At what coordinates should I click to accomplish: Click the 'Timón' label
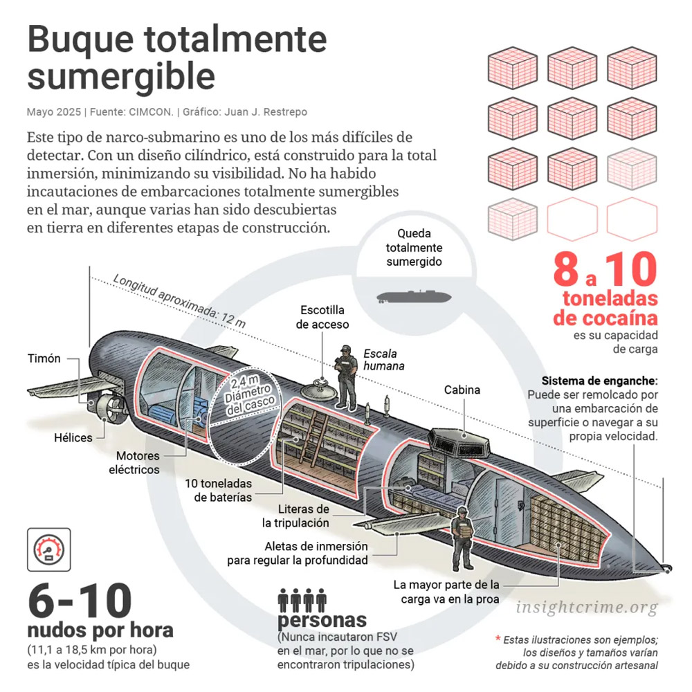(x=44, y=358)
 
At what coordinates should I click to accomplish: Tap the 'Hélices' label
(x=73, y=438)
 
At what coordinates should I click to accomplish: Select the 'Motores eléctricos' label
(x=134, y=462)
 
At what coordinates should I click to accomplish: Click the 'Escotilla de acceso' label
(x=322, y=318)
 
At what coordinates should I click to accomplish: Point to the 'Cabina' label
(x=462, y=390)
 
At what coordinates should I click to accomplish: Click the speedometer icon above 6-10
(x=49, y=550)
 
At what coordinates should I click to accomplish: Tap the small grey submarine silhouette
(x=414, y=297)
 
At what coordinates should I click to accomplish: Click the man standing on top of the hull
(x=347, y=378)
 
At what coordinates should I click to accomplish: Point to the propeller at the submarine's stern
(x=110, y=408)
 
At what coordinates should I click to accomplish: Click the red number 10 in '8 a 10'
(x=631, y=269)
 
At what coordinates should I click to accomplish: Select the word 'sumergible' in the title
(x=121, y=76)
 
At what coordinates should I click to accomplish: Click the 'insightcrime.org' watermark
(x=587, y=608)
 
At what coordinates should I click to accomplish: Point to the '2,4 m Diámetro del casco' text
(x=249, y=396)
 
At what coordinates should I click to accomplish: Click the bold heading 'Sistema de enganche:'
(x=599, y=381)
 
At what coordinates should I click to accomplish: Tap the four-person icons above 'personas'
(x=302, y=600)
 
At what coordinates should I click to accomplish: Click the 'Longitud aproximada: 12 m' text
(x=179, y=300)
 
